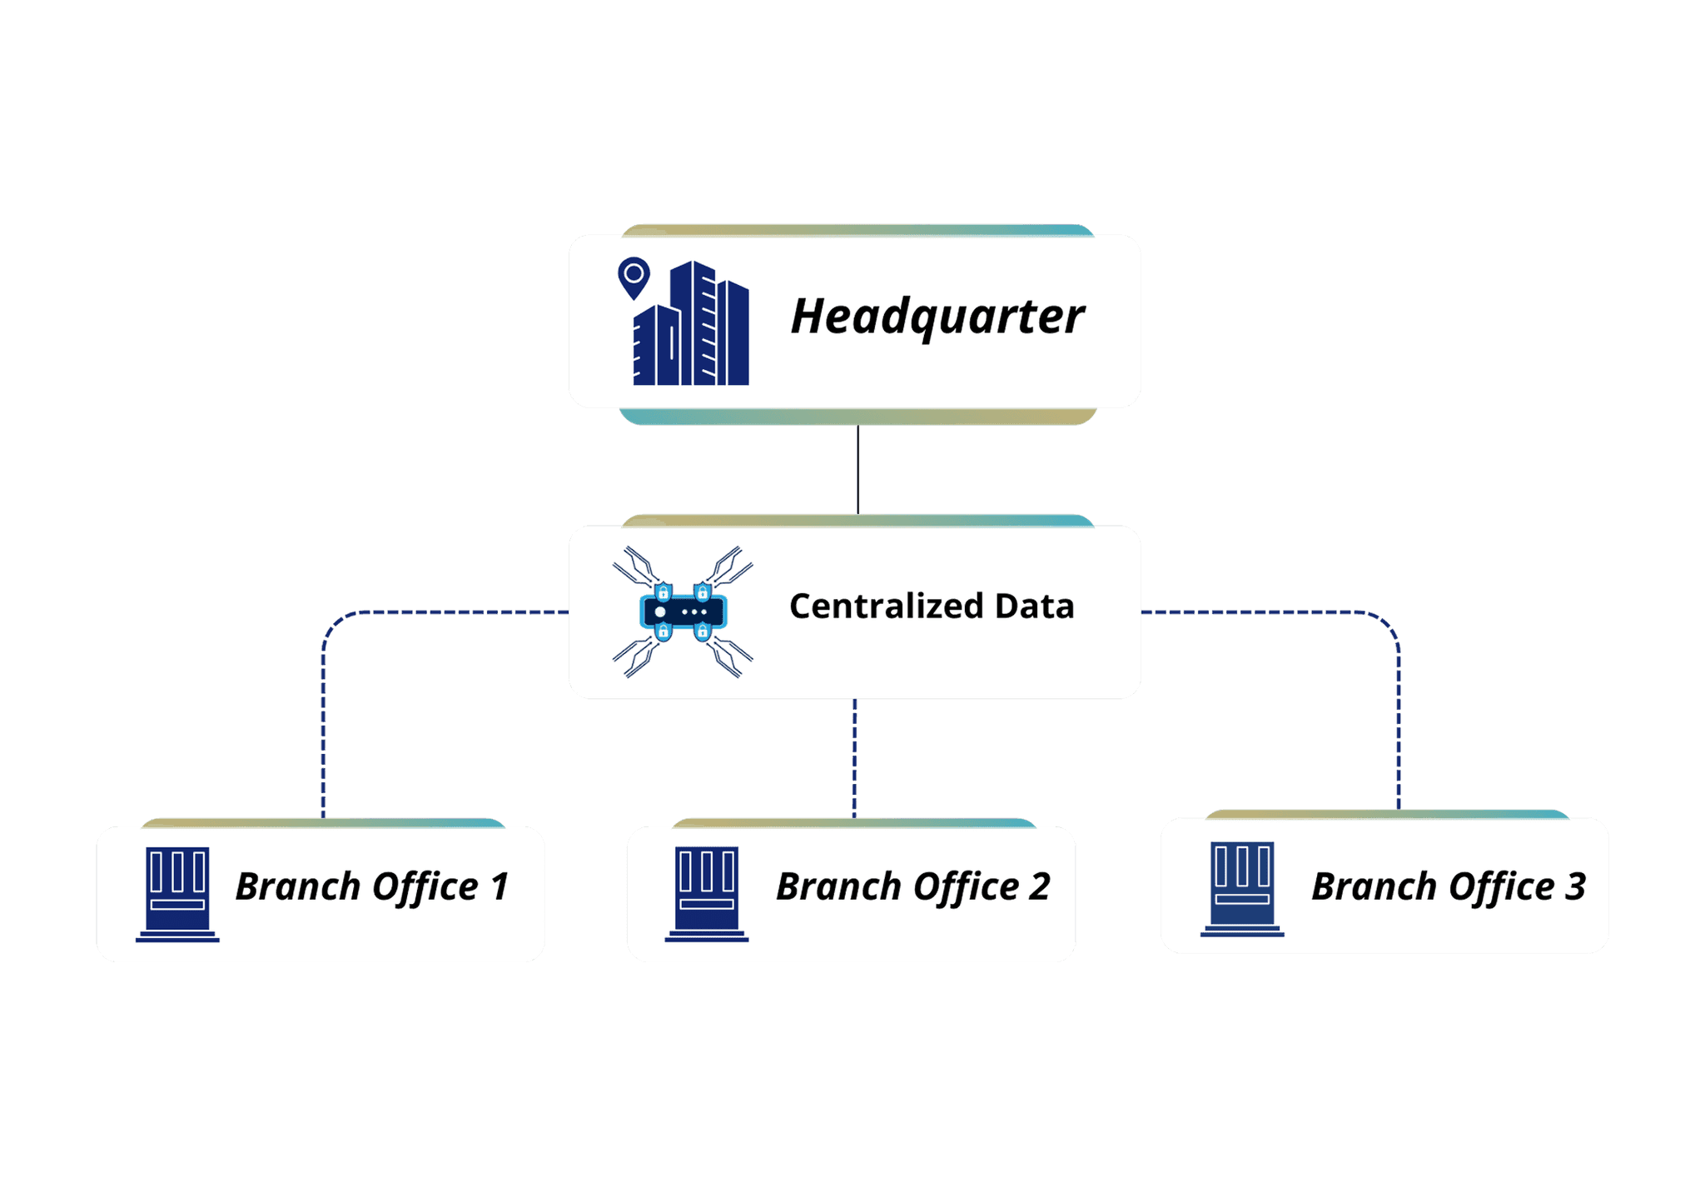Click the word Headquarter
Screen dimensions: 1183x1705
point(937,317)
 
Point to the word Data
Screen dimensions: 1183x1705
point(1034,606)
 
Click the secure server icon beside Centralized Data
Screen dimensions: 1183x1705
point(683,612)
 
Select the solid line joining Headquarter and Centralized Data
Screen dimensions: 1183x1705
point(857,469)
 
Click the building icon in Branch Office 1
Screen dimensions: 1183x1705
point(177,893)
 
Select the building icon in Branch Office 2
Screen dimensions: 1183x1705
point(707,893)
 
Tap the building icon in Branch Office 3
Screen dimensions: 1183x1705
point(1242,888)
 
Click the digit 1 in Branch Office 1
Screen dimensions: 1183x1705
point(500,886)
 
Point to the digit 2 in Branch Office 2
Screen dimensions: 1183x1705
point(1038,886)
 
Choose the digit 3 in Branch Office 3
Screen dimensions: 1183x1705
point(1574,886)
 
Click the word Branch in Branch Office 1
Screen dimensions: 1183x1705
point(297,886)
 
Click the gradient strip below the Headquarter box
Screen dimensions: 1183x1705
point(857,417)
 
